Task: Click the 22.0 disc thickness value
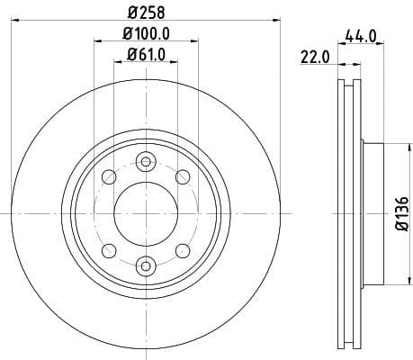[316, 58]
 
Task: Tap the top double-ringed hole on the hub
[145, 162]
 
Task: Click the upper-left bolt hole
[109, 176]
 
